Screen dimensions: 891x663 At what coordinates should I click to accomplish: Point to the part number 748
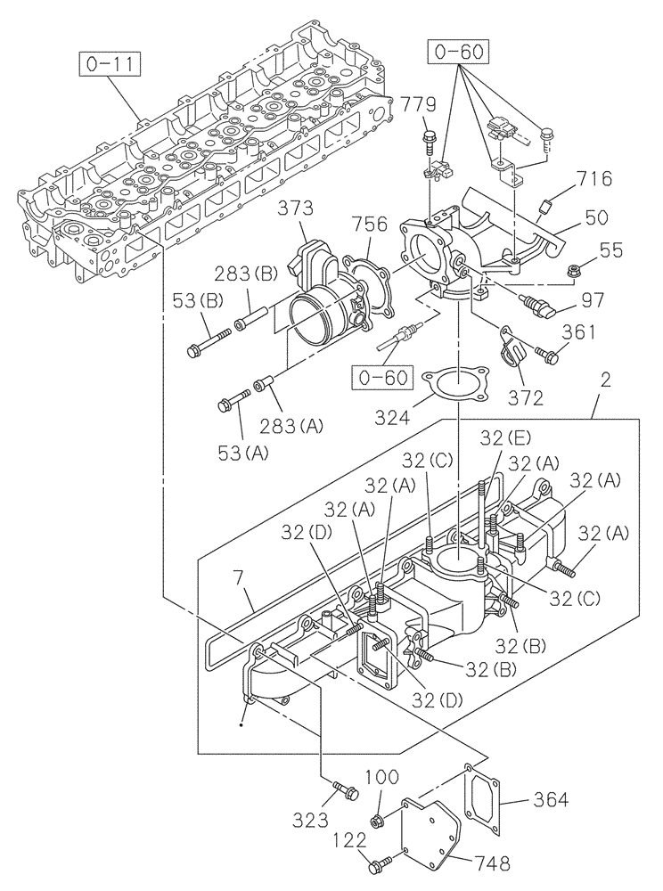(488, 863)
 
